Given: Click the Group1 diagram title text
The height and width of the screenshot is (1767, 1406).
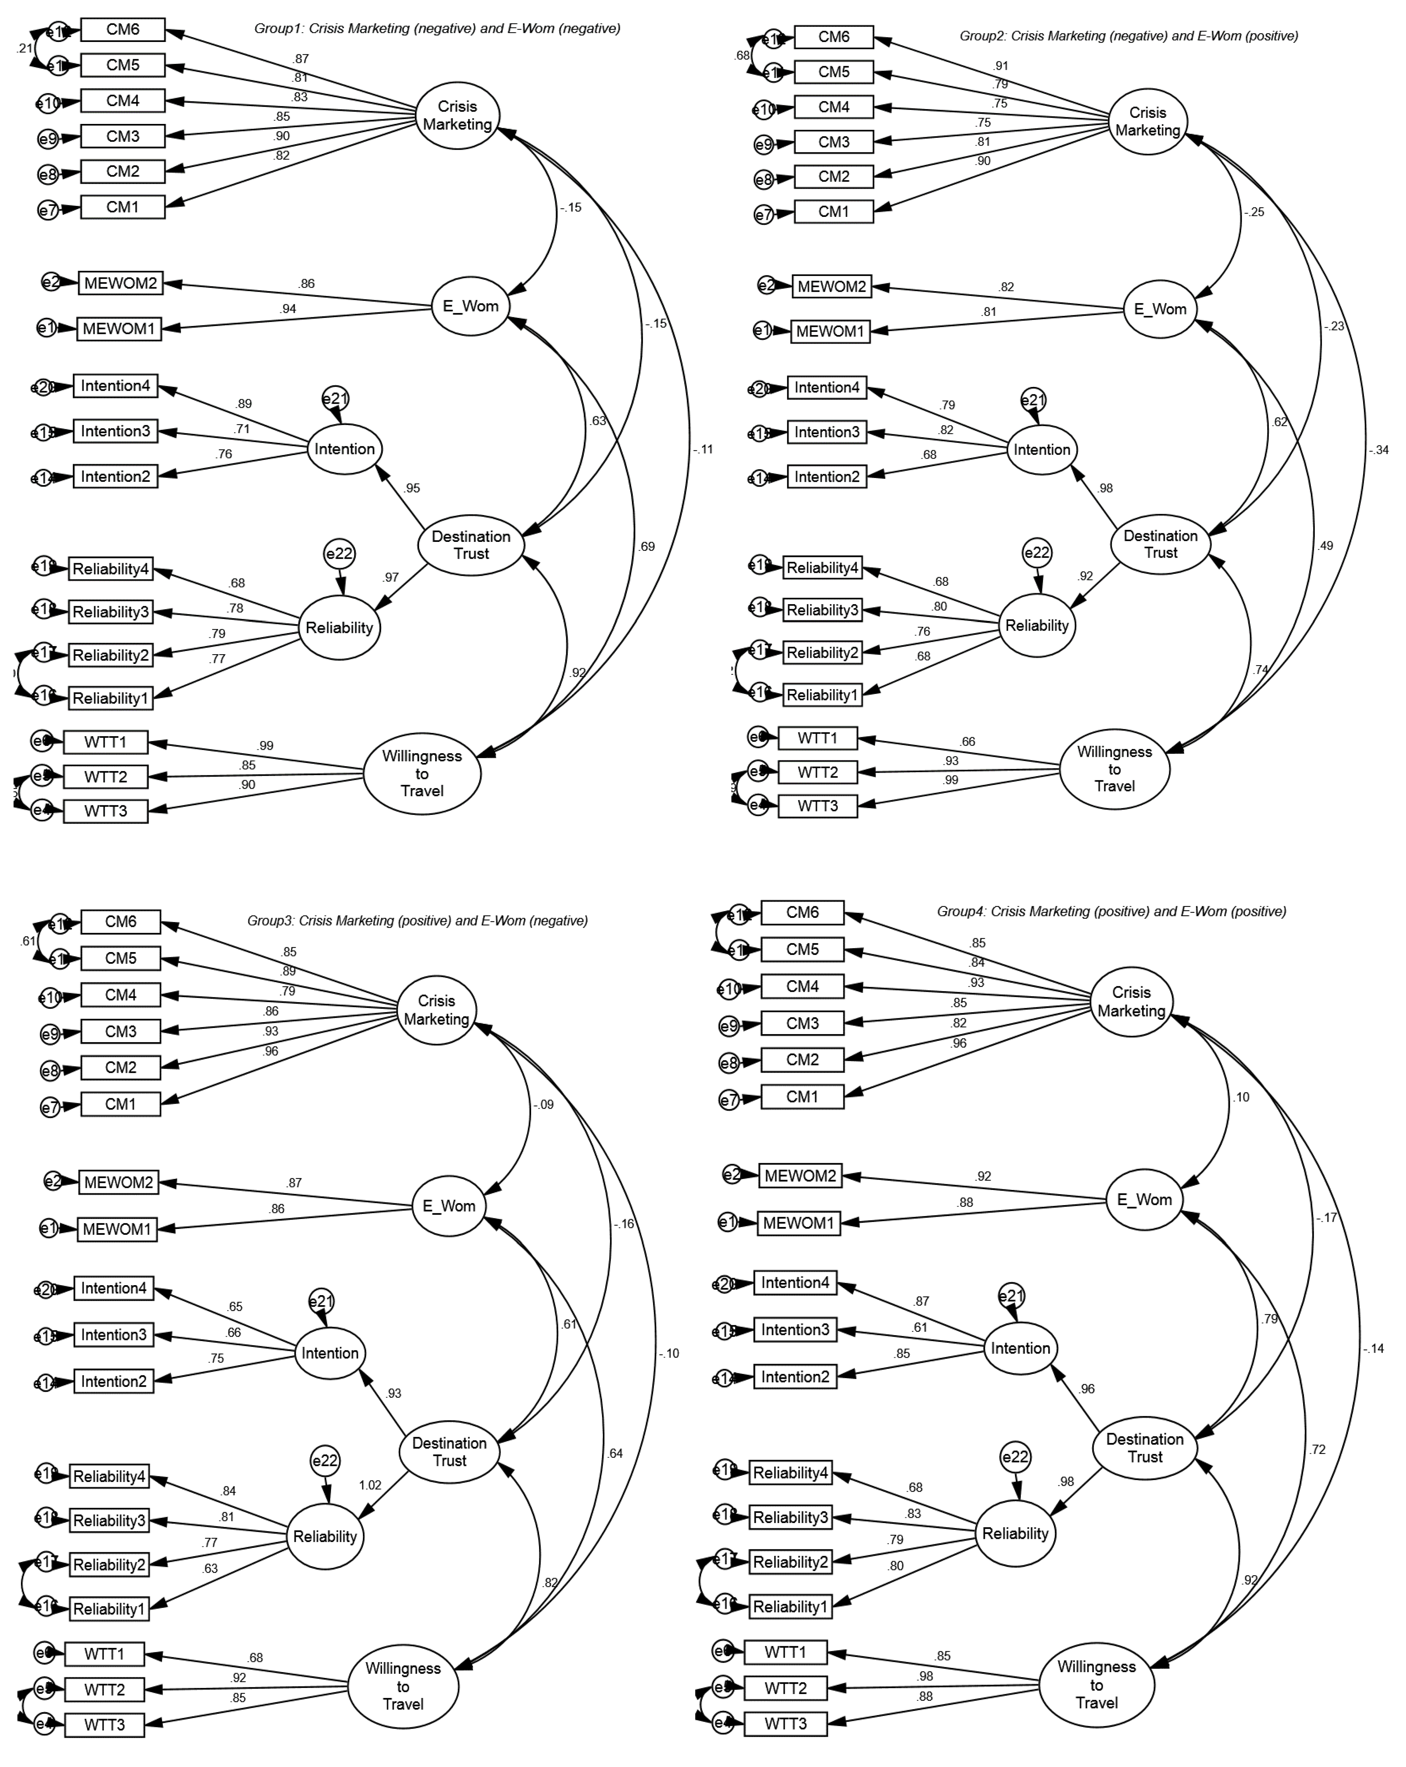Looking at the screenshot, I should point(437,29).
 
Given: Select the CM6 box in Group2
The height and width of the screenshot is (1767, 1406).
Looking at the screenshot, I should point(833,37).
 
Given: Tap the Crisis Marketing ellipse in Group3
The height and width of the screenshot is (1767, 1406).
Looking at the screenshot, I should point(437,1010).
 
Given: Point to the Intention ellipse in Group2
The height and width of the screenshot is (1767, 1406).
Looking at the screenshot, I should point(1041,449).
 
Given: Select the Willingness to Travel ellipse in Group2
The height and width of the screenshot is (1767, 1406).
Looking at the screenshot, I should point(1114,769).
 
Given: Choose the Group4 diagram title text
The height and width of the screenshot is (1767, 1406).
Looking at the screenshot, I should point(1111,911).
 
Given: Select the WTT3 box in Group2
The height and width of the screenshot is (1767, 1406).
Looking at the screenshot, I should point(818,806).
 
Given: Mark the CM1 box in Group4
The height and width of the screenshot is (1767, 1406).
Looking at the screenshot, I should point(802,1097).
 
